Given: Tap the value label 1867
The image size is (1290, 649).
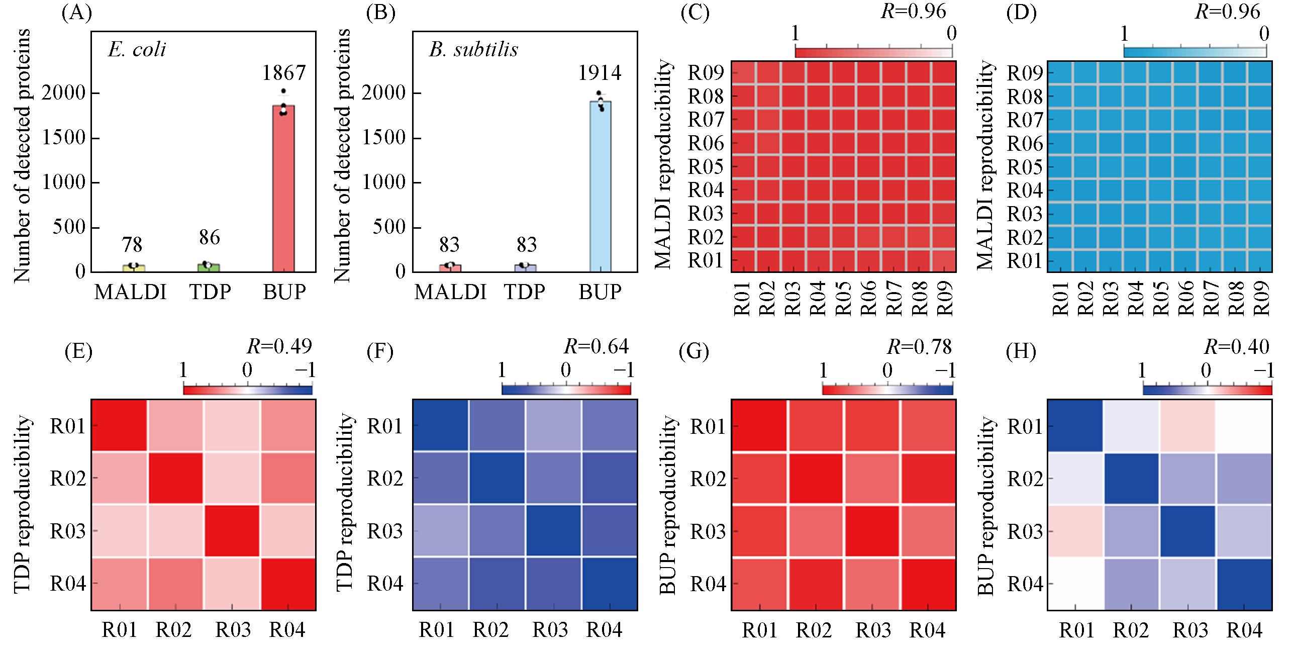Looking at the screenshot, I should [x=284, y=73].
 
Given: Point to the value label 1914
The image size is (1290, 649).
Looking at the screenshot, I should [x=600, y=73].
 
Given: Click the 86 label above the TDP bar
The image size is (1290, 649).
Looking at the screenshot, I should [x=209, y=237].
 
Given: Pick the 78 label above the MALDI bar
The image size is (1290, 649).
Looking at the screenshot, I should [x=132, y=245].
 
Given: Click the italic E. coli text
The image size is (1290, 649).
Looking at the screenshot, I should [x=137, y=50].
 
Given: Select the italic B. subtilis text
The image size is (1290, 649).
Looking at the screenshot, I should [x=473, y=50].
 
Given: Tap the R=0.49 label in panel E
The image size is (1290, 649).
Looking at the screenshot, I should [x=279, y=346].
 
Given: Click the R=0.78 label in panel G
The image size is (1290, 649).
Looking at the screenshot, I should [x=919, y=346].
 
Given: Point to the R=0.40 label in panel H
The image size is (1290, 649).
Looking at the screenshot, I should [x=1237, y=346].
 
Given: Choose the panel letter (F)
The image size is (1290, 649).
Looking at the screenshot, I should [x=380, y=352].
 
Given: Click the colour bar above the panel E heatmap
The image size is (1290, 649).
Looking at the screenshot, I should [x=248, y=390].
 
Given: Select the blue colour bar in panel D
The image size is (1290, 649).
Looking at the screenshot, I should [x=1195, y=52].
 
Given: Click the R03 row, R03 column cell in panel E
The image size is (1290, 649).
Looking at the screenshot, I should [x=232, y=530].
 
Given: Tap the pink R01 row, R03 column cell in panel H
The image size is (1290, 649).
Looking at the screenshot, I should [x=1187, y=426].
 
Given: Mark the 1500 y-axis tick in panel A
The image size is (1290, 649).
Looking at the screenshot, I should [x=64, y=138].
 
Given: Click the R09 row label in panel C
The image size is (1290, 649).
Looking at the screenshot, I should [x=706, y=73].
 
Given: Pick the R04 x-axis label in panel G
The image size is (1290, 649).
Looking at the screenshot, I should [x=928, y=629].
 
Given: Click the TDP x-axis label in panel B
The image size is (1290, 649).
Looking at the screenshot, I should [x=525, y=292].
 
